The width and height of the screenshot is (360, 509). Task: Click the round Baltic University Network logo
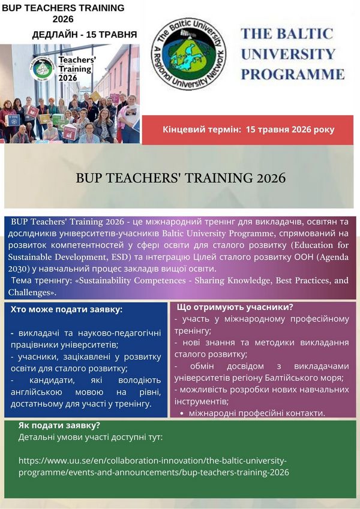click(x=189, y=54)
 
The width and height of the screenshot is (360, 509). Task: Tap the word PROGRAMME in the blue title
click(x=293, y=74)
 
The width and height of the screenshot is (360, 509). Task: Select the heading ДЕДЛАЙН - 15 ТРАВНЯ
click(x=85, y=35)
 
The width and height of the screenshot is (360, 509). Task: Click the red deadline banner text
click(x=248, y=129)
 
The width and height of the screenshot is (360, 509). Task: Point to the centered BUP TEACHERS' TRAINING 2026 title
click(x=181, y=178)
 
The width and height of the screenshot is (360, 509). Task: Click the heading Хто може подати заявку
click(x=67, y=309)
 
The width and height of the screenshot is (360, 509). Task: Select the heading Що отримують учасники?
click(x=235, y=307)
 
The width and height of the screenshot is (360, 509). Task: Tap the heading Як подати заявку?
click(x=59, y=425)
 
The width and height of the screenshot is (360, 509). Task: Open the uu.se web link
click(x=154, y=466)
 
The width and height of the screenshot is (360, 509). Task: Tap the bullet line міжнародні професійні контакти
click(x=257, y=413)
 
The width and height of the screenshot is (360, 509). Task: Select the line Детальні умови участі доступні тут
click(x=91, y=437)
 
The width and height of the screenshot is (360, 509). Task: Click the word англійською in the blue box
click(x=37, y=392)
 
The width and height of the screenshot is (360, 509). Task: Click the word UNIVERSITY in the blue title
click(x=288, y=54)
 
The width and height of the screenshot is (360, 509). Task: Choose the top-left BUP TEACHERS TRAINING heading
click(x=64, y=13)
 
